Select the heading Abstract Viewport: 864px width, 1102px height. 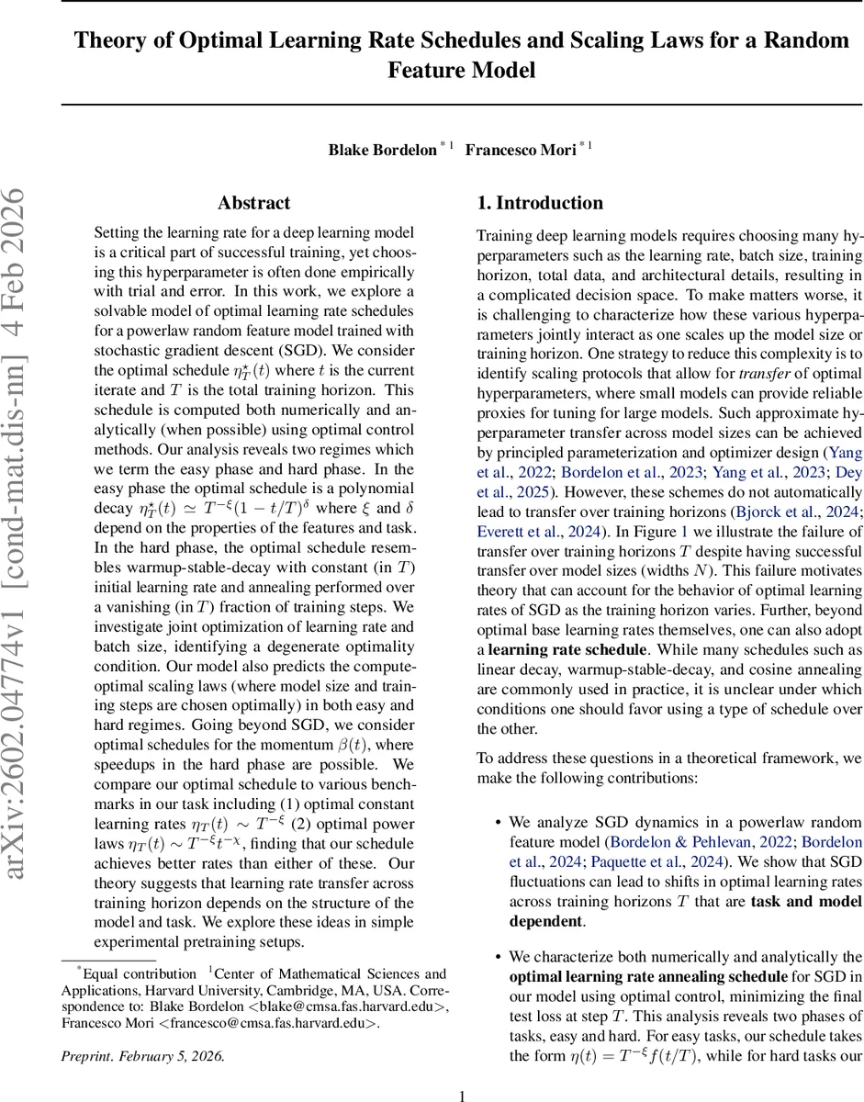pos(253,203)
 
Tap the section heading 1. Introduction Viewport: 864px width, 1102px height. pos(540,203)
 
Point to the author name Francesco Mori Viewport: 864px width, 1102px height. pos(520,150)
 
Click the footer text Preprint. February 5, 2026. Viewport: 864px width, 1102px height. pos(142,1054)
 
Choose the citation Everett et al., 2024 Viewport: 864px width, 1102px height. pos(537,533)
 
